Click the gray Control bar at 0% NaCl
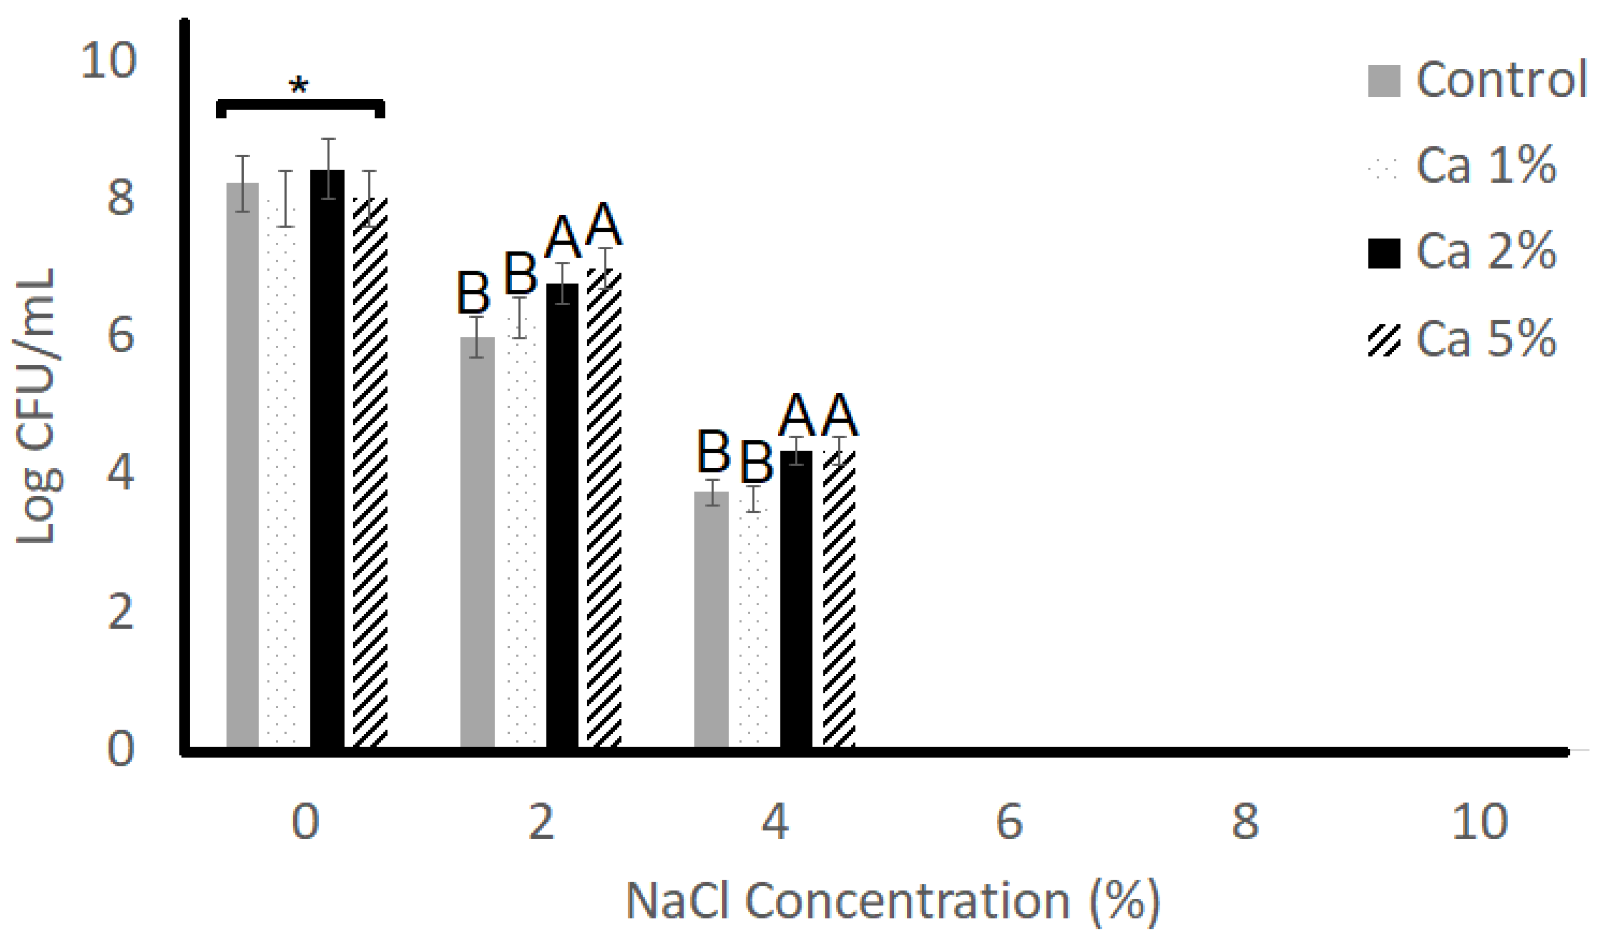pyautogui.click(x=242, y=465)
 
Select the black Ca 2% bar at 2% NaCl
pyautogui.click(x=562, y=515)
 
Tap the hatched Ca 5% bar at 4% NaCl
pyautogui.click(x=839, y=598)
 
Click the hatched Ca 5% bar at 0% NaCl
pyautogui.click(x=370, y=471)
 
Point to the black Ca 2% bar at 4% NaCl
pyautogui.click(x=796, y=598)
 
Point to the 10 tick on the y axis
pyautogui.click(x=108, y=61)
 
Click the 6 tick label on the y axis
pyautogui.click(x=121, y=335)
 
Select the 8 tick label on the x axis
pyautogui.click(x=1245, y=821)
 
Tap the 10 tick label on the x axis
pyautogui.click(x=1480, y=821)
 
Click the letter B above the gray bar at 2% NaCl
pyautogui.click(x=474, y=294)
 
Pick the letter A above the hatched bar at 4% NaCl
pyautogui.click(x=840, y=415)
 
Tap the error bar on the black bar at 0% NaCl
pyautogui.click(x=328, y=169)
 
